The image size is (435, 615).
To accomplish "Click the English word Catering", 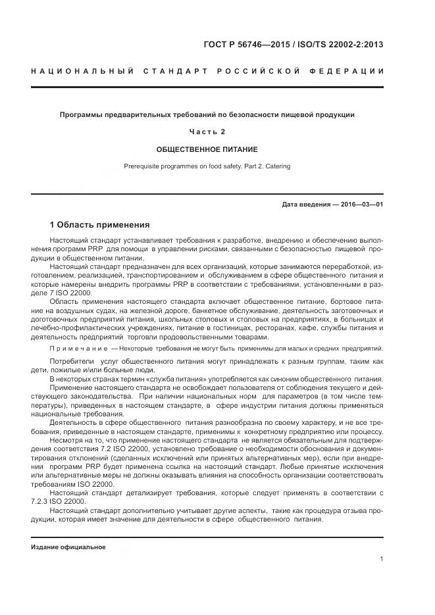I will [276, 166].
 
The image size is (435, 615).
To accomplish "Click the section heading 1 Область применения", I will [99, 225].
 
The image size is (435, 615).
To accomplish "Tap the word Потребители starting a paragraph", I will [70, 362].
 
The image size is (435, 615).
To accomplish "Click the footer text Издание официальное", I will [68, 547].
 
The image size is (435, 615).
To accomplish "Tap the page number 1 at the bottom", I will [382, 559].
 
